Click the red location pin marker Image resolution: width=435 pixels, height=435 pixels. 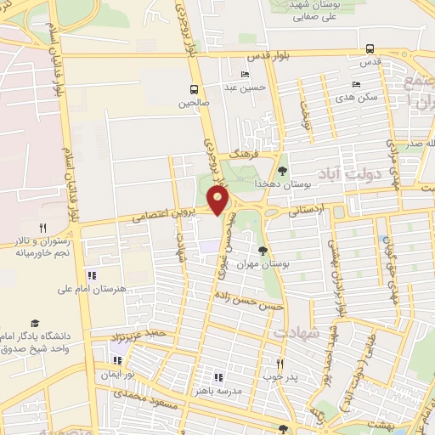coord(219,201)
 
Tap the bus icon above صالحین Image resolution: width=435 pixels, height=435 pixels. coord(195,88)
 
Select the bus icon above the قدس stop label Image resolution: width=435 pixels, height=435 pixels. coord(370,48)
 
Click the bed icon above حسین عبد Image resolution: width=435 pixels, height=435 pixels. coord(246,75)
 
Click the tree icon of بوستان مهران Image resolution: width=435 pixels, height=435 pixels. coord(263,251)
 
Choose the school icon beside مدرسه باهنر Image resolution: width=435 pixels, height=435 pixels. coord(218,376)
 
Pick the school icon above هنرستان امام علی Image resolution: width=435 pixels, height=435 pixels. coord(93,275)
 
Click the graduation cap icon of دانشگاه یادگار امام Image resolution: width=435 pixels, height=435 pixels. coord(35,324)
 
